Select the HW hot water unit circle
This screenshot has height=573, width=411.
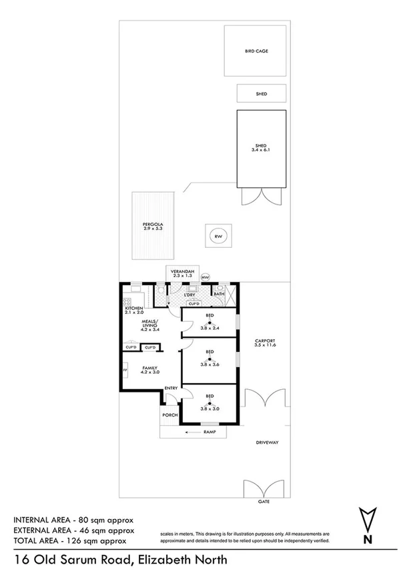point(205,277)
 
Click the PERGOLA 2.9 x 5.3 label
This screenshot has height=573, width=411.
point(153,227)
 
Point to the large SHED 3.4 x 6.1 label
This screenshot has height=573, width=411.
point(262,148)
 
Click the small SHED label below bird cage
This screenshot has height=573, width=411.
point(262,94)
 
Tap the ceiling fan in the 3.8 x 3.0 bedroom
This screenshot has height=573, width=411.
point(210,402)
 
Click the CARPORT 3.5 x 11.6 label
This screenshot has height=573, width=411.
point(265,344)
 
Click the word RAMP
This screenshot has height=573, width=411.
point(210,432)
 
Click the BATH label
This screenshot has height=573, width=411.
point(219,294)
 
